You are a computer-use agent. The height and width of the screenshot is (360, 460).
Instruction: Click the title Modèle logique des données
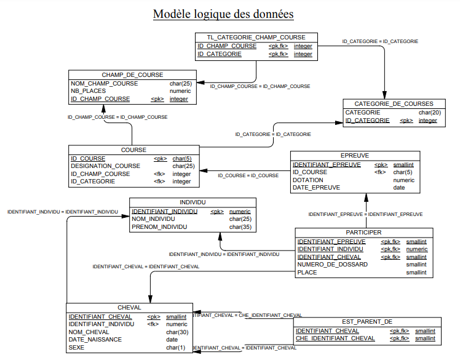coord(223,14)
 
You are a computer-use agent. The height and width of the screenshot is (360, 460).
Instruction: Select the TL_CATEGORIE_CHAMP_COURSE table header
coord(256,38)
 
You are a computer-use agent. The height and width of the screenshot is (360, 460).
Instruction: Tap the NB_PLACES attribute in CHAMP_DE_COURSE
coord(88,91)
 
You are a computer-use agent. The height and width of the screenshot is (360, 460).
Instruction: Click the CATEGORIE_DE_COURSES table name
coord(394,103)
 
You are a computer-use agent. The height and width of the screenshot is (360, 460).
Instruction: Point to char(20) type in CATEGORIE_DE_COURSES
coord(429,113)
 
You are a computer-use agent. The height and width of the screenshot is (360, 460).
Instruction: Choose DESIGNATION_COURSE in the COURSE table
coord(105,166)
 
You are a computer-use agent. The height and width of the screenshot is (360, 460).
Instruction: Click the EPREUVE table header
coord(355,155)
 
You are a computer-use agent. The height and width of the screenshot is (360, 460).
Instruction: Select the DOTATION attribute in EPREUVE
coord(307,180)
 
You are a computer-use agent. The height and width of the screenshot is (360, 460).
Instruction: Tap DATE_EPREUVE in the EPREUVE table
coord(316,187)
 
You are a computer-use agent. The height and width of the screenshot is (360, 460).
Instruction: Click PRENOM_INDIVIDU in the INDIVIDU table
coord(159,227)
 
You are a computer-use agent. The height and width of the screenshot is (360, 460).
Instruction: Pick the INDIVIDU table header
coord(192,202)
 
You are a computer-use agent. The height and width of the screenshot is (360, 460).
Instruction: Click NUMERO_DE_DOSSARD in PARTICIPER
coord(332,265)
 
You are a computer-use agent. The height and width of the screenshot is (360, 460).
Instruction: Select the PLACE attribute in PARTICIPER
coord(307,273)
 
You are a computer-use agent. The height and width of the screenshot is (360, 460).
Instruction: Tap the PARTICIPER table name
coord(363,232)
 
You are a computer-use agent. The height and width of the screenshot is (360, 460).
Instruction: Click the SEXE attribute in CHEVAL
coord(76,347)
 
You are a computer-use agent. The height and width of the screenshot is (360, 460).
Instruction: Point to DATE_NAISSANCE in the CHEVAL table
coord(95,340)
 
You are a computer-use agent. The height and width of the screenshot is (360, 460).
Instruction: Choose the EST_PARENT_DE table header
coord(367,321)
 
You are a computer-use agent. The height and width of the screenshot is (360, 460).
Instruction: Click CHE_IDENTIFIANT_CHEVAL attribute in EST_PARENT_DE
coord(335,338)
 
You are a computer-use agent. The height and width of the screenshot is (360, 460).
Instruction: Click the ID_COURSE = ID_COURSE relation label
coord(248,175)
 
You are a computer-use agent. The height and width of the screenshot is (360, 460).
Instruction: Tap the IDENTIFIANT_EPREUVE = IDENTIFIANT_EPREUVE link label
coord(365,214)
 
